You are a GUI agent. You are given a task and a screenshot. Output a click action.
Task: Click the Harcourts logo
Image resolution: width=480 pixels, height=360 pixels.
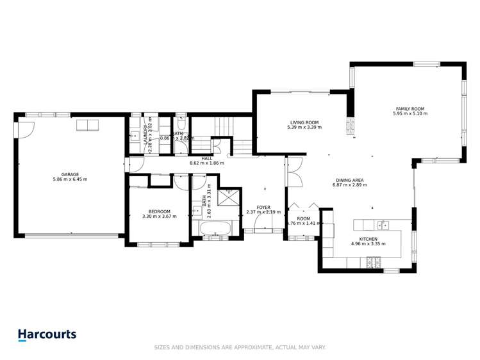click(x=47, y=334)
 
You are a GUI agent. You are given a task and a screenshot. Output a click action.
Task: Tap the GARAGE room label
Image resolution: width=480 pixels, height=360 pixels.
click(x=70, y=174)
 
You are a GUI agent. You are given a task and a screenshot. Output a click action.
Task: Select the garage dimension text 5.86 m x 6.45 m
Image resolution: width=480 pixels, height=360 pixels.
click(x=70, y=179)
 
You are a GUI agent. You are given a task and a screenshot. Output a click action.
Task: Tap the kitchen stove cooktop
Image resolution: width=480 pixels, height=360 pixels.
click(x=372, y=261)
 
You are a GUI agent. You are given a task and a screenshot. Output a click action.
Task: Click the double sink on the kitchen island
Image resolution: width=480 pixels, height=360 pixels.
click(x=383, y=224)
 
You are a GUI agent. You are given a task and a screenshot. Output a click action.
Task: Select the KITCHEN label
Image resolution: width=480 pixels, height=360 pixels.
click(x=368, y=239)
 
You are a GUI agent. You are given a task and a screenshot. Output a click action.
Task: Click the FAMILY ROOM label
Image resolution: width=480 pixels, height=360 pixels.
click(x=410, y=109)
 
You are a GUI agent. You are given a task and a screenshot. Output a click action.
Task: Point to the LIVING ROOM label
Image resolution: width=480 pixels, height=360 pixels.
click(x=304, y=122)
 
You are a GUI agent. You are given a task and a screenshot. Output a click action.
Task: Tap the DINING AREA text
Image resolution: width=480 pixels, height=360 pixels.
click(x=348, y=181)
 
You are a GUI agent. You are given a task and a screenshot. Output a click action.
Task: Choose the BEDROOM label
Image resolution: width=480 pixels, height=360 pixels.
click(x=159, y=211)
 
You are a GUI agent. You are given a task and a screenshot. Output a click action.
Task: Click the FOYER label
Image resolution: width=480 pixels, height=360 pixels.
click(x=263, y=208)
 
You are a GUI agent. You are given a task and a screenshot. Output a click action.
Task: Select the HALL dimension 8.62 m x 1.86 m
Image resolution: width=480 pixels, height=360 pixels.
click(x=206, y=163)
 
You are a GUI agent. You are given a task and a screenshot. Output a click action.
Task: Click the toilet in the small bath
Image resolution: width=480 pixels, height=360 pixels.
click(x=181, y=120)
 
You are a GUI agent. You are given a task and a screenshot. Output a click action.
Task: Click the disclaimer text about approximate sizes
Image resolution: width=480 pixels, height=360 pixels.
click(x=240, y=347)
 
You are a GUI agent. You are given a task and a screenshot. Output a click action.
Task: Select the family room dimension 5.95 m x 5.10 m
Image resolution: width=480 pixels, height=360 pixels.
click(x=410, y=114)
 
